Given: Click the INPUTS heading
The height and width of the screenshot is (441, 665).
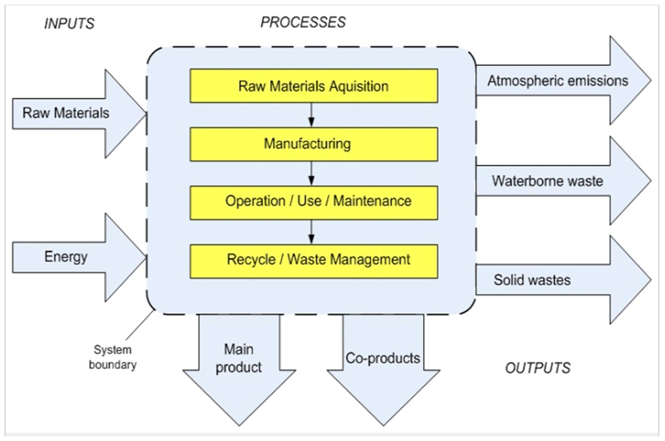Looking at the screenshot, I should (x=69, y=24).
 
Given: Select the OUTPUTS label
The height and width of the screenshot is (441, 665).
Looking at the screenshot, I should (x=537, y=368).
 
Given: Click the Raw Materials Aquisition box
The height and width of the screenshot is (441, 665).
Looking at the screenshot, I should (x=314, y=86).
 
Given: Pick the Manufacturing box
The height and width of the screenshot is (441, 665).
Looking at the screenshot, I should (x=314, y=144).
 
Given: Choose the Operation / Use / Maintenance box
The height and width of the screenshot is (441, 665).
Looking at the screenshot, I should (x=314, y=202).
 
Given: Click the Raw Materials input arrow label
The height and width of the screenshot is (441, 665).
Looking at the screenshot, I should (x=66, y=113).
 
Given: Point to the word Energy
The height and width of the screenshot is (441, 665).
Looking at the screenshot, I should (x=66, y=257).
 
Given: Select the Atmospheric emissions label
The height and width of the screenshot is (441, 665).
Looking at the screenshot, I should (x=558, y=81).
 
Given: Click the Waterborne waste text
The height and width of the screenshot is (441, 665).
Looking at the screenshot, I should (x=547, y=181).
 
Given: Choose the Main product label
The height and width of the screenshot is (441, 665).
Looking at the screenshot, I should (x=239, y=358).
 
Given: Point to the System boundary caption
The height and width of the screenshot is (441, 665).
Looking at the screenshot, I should (x=113, y=357).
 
